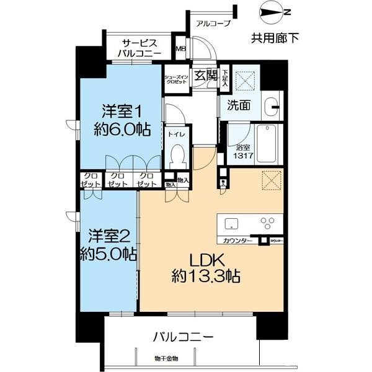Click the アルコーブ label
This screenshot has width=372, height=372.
(x=213, y=24)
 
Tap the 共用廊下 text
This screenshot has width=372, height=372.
(x=274, y=38)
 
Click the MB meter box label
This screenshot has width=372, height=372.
(x=180, y=50)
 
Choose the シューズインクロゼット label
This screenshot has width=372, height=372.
(x=176, y=79)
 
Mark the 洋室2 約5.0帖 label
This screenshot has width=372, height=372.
(x=107, y=244)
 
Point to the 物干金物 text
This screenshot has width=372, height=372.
(x=166, y=358)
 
